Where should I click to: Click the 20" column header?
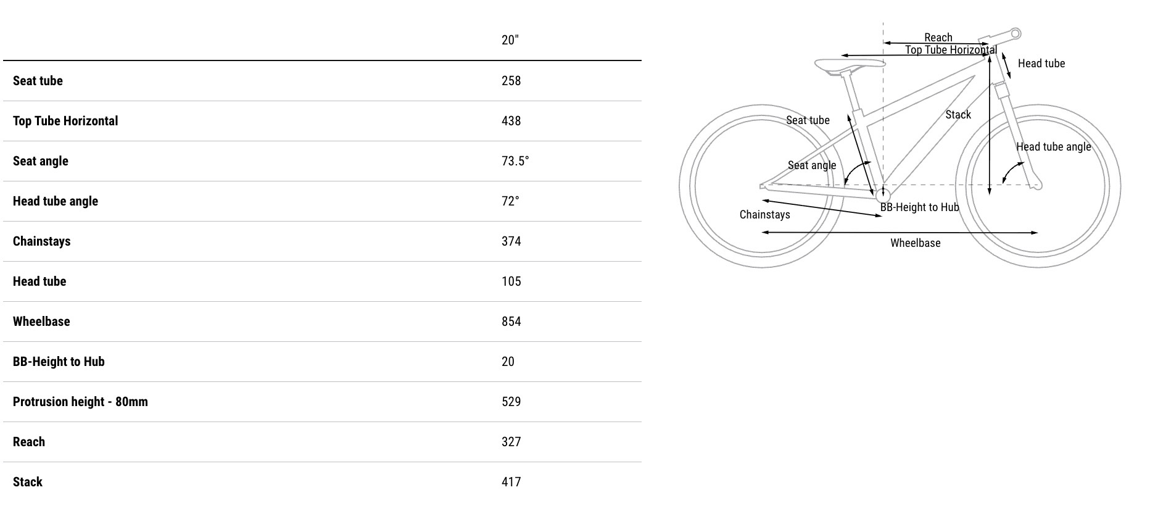pos(510,40)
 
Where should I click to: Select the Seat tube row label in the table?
pos(38,81)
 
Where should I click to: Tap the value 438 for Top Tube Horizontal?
pos(511,121)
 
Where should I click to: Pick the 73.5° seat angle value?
pos(515,161)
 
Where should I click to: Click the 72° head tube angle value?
pos(510,201)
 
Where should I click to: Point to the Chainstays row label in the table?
pos(42,241)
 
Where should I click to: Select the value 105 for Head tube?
pos(511,281)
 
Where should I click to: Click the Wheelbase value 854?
pos(511,322)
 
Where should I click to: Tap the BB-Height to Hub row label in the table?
pos(59,362)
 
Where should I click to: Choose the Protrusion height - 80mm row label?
pos(80,402)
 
